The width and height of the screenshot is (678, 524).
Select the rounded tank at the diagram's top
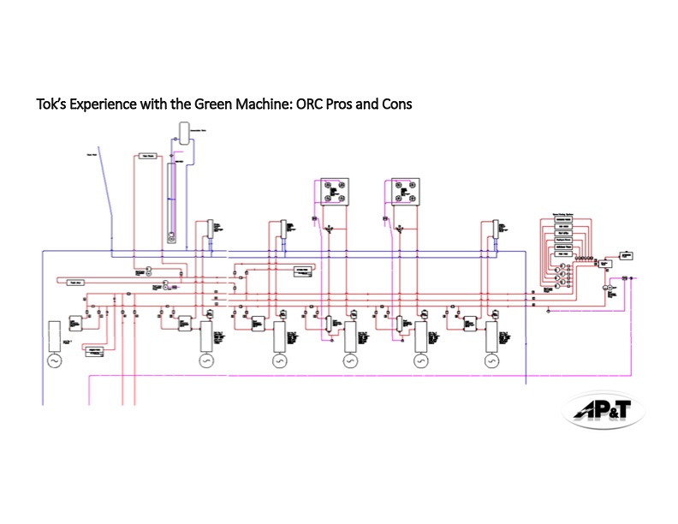pyautogui.click(x=183, y=131)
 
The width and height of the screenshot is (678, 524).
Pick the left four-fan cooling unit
pyautogui.click(x=331, y=192)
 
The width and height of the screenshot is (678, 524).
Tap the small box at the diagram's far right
pyautogui.click(x=627, y=255)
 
